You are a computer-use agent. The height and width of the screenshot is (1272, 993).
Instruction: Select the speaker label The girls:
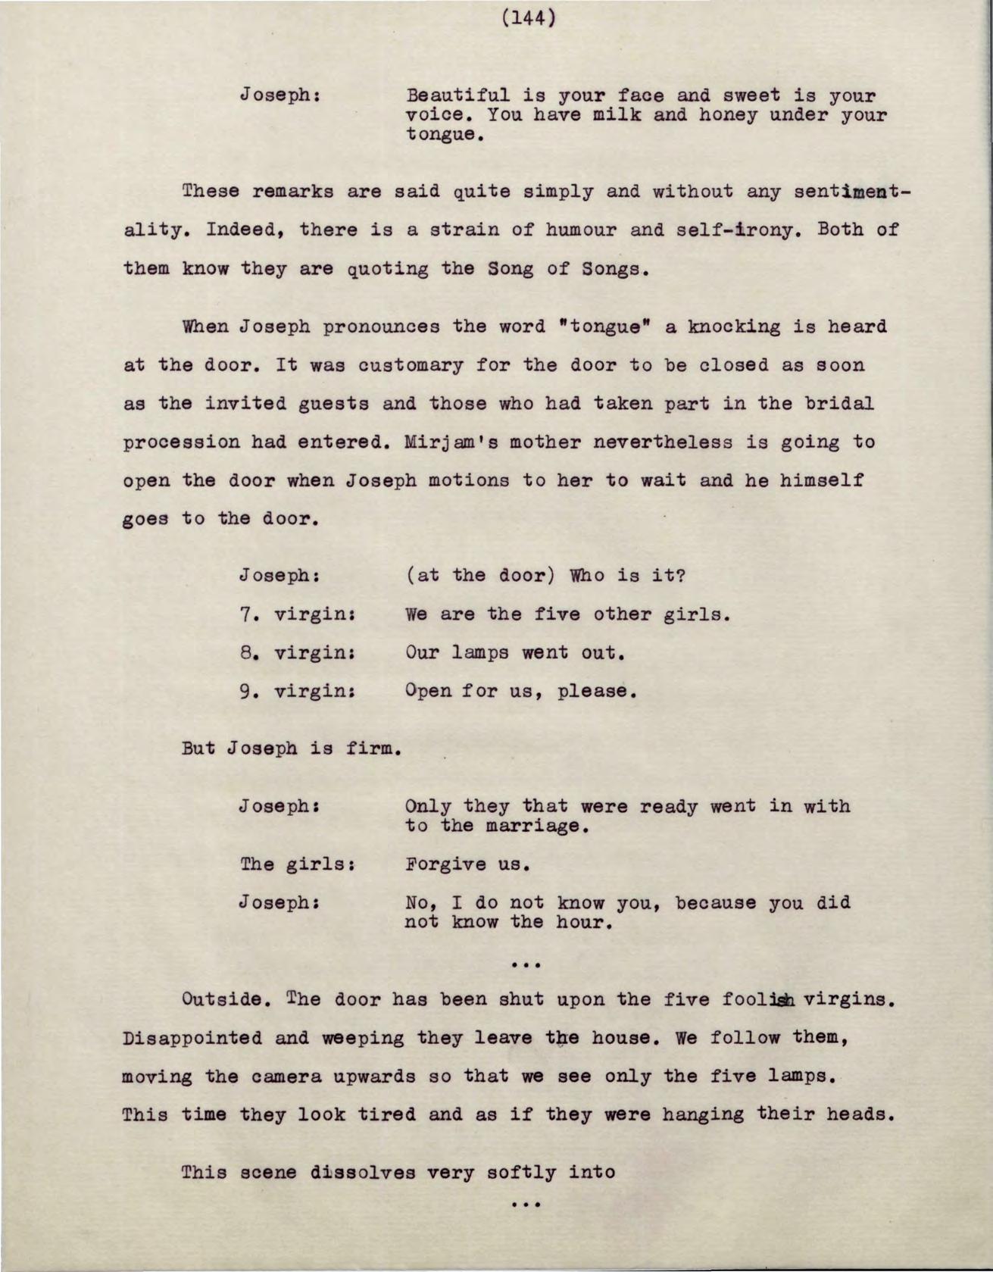pos(298,864)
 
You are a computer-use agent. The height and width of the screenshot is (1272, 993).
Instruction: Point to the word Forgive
pos(446,864)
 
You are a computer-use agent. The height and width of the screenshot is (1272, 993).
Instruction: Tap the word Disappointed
pos(192,1038)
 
